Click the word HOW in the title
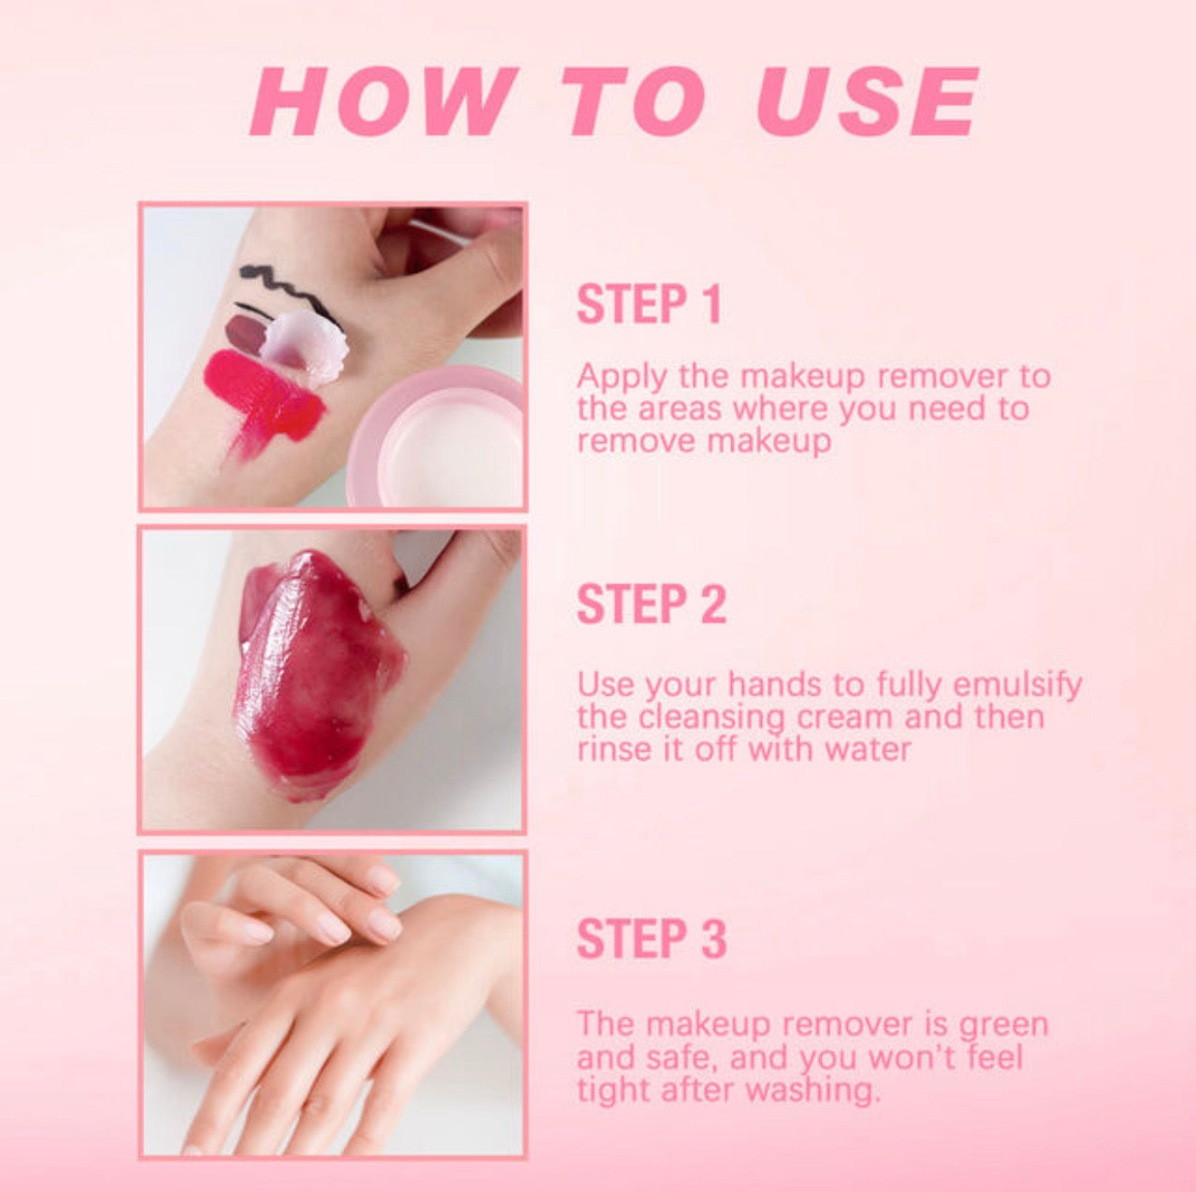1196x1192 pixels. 385,101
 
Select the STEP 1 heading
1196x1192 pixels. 650,304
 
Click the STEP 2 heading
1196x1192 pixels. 651,603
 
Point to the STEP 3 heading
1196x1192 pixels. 651,938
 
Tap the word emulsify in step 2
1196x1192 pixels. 1017,685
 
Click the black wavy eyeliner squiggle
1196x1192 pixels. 292,291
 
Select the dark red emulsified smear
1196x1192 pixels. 316,673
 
